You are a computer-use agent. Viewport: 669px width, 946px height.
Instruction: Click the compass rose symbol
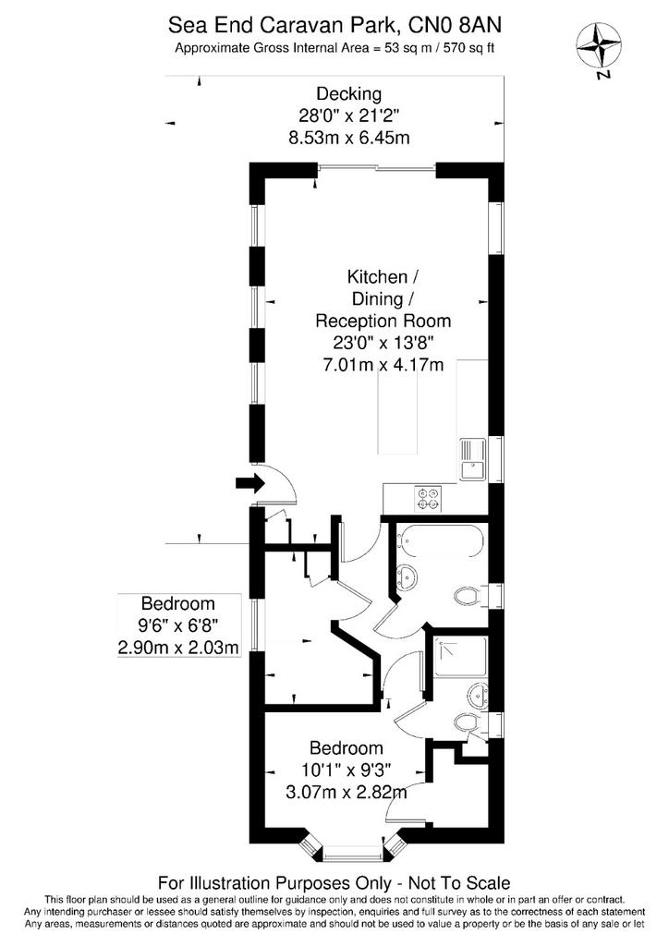(599, 46)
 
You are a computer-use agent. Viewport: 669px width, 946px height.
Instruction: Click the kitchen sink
(473, 459)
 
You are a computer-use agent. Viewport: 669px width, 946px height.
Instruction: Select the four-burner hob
(428, 498)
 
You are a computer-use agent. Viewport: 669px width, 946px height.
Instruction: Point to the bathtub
(438, 541)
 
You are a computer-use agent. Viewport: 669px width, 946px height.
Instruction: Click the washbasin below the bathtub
(407, 577)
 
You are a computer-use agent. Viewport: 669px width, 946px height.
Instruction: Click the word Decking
(349, 94)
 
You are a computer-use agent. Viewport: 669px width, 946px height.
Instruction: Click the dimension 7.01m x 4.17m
(383, 364)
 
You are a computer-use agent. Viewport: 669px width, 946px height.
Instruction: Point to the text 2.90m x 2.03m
(178, 648)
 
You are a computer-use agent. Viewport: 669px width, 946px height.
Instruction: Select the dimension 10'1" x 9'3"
(346, 770)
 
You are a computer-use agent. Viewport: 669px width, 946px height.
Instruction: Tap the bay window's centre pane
(352, 855)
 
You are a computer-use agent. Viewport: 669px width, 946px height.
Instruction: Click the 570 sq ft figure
(468, 49)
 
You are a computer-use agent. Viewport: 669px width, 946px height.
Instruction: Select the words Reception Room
(383, 321)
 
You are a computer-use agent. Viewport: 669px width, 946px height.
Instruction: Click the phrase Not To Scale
(459, 884)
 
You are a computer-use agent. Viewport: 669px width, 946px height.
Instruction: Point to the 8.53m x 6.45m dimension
(349, 139)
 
